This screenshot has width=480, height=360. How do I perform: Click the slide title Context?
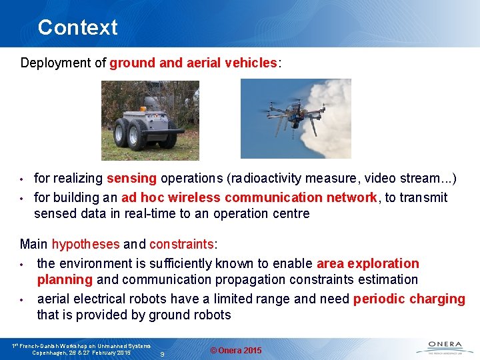(77, 27)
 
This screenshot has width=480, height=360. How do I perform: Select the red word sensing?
(131, 179)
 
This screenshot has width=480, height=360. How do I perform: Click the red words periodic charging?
(409, 299)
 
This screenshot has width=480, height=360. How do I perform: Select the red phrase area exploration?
(368, 263)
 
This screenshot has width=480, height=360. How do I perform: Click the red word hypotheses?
(86, 245)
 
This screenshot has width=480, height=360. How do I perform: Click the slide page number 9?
(163, 354)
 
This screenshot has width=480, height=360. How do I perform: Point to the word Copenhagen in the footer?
(50, 353)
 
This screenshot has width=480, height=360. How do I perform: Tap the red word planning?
(65, 280)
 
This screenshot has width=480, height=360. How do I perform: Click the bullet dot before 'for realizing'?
(22, 179)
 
